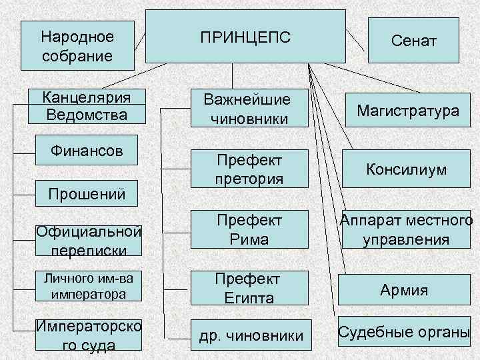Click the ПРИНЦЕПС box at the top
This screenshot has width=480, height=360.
click(246, 36)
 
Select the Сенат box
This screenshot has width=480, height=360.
click(413, 41)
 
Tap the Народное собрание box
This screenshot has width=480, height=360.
click(77, 44)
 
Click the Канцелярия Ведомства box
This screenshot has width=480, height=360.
click(86, 107)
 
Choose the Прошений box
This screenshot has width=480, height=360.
click(86, 194)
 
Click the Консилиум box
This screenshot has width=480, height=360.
click(406, 169)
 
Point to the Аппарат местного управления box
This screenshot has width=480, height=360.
click(406, 229)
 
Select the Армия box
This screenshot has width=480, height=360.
click(404, 290)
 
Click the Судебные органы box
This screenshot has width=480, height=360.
click(404, 333)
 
